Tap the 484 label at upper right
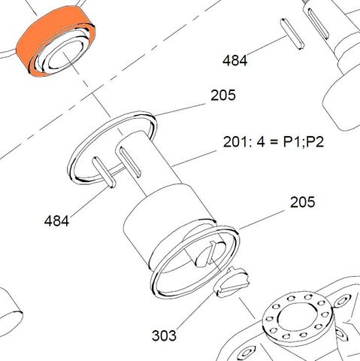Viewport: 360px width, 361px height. pos(234,60)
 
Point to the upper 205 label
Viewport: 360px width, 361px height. pos(222,96)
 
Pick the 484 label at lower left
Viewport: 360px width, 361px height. pos(56,221)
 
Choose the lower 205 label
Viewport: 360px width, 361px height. pos(302,202)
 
